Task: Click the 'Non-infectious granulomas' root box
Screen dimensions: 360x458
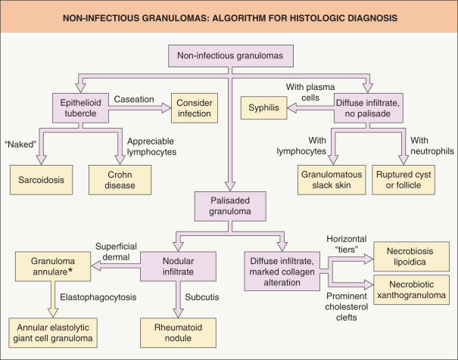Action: pos(229,55)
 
